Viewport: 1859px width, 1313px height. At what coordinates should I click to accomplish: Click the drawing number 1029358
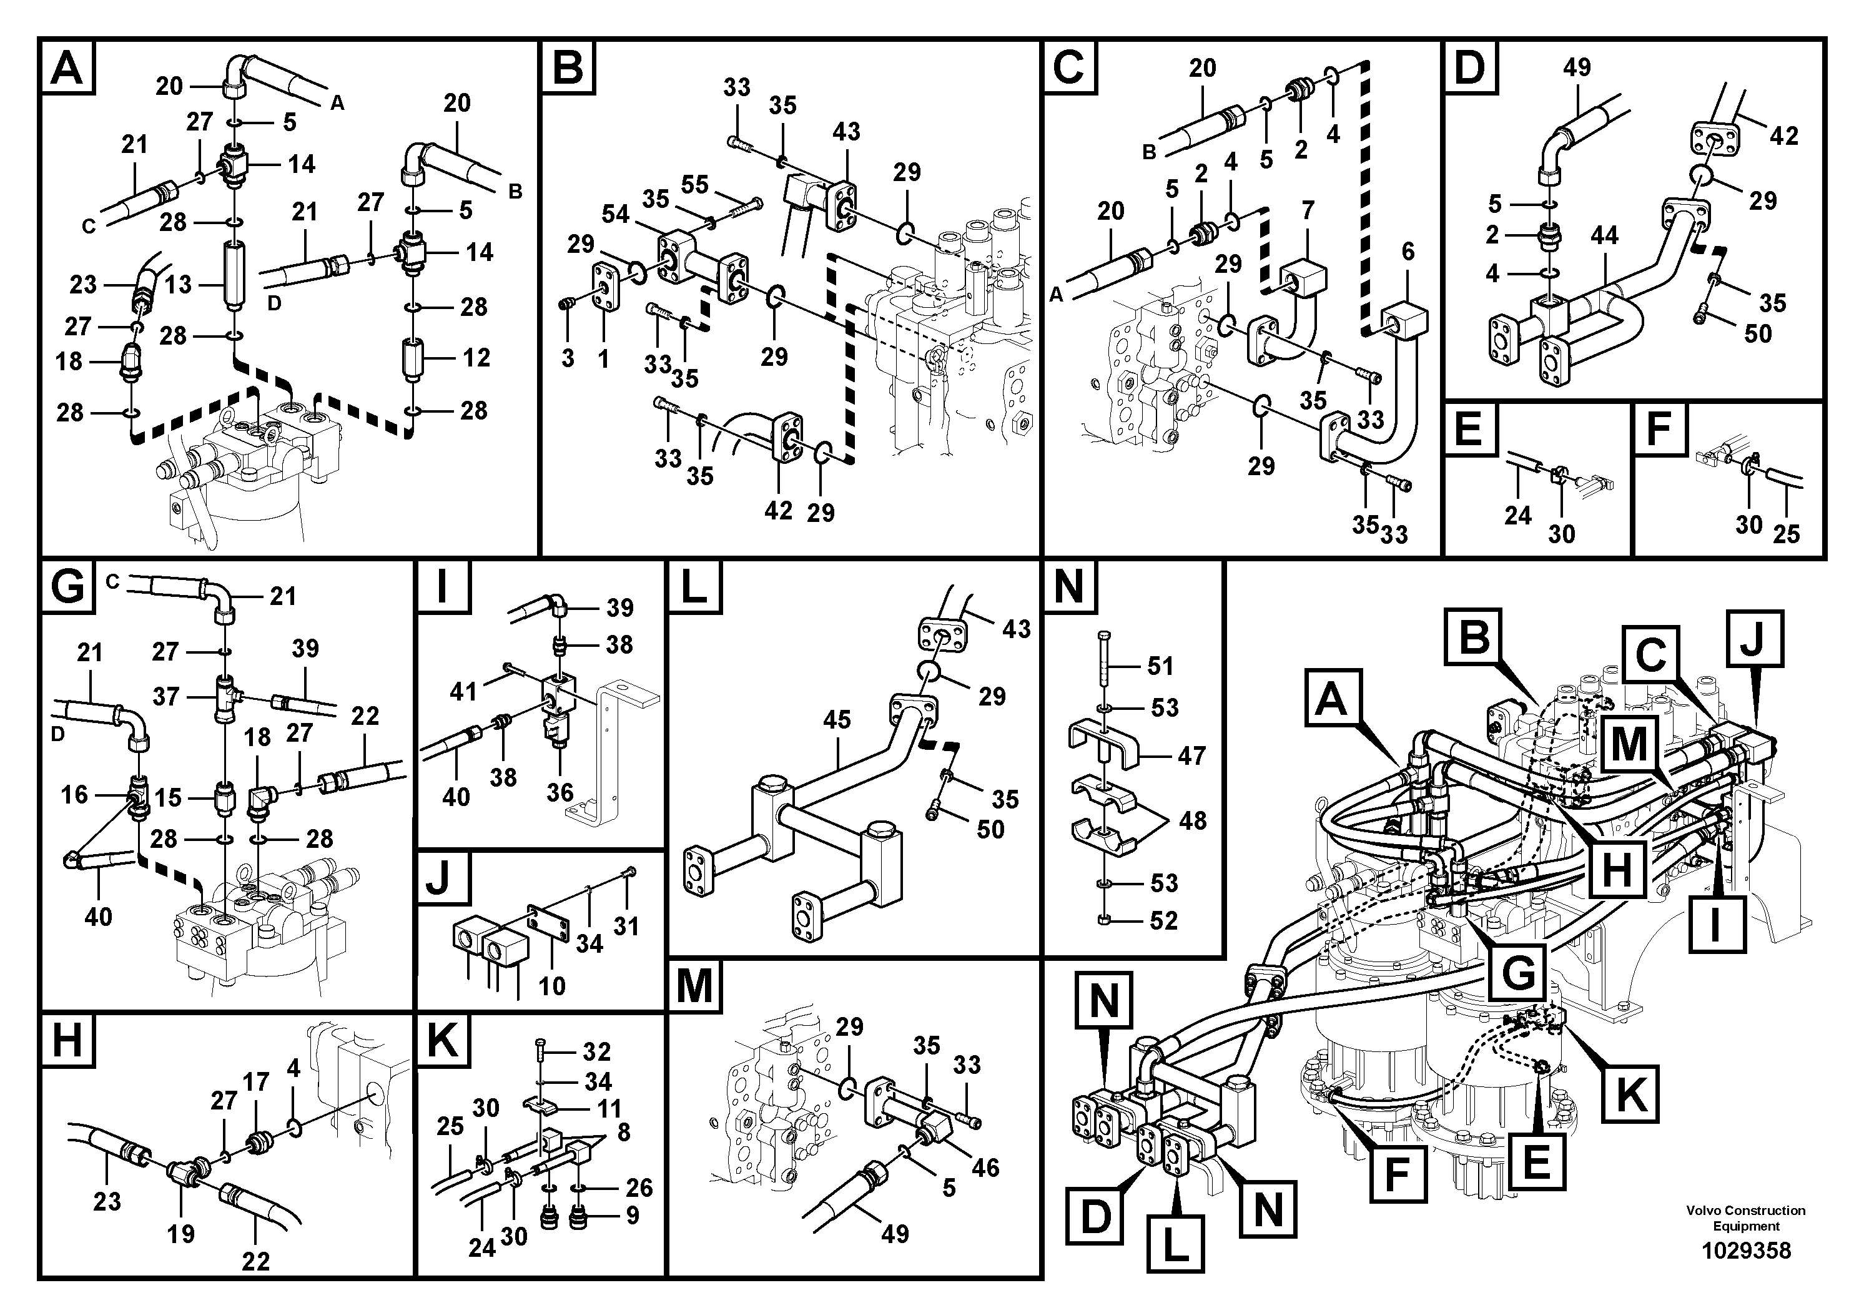tap(1745, 1251)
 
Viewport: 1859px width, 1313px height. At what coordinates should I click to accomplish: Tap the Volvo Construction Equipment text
tap(1745, 1218)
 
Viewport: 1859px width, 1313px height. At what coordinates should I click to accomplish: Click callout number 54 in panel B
tap(615, 215)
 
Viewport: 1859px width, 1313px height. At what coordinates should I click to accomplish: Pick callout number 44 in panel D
tap(1604, 235)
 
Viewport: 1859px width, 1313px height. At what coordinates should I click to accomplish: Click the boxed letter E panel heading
tap(1468, 428)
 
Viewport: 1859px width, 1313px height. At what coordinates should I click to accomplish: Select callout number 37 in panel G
tap(166, 696)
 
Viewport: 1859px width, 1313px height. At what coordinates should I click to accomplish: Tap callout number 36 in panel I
tap(560, 792)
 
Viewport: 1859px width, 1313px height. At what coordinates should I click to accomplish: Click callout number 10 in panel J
tap(552, 985)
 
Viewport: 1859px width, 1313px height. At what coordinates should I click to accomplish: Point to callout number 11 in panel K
tap(609, 1108)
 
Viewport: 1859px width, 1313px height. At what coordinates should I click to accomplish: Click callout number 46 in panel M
tap(985, 1168)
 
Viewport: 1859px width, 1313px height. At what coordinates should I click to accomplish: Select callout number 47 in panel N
tap(1191, 755)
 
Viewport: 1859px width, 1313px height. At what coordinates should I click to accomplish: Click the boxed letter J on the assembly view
tap(1753, 639)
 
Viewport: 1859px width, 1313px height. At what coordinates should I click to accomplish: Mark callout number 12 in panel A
tap(477, 357)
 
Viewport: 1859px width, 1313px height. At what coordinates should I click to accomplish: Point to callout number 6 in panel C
tap(1408, 252)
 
